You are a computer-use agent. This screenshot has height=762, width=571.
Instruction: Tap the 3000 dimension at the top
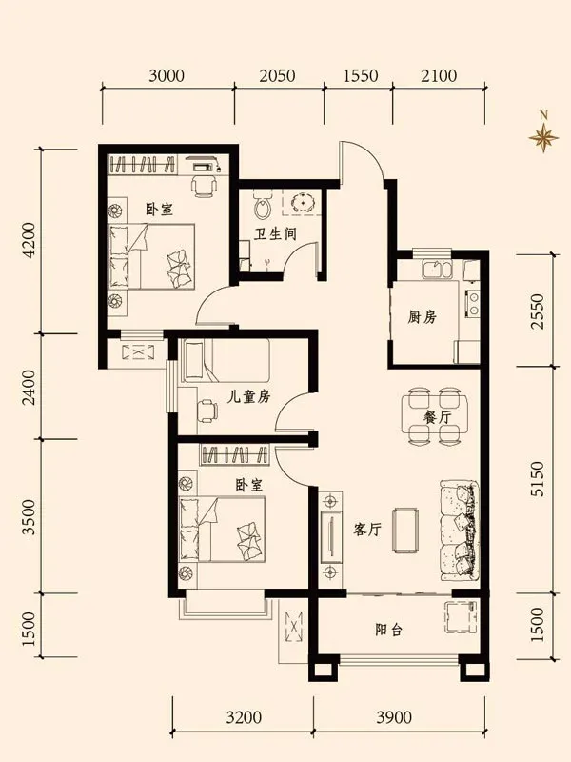pos(167,76)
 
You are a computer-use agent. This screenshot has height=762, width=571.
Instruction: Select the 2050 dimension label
pos(277,76)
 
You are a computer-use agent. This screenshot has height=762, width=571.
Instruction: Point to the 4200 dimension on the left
pos(30,240)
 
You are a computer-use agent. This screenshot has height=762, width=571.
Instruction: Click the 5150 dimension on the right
pos(538,479)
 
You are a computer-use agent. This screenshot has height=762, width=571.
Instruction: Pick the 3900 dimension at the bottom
pos(394,717)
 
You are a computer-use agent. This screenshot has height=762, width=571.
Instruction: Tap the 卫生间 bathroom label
pos(275,233)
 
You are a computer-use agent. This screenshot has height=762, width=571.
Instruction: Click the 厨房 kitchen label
pos(422,317)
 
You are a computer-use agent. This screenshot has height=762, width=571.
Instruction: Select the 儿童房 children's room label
pos(249,396)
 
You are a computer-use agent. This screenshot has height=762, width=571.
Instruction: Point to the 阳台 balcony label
pos(389,631)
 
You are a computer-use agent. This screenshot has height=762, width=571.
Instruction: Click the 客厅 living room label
pos(367,530)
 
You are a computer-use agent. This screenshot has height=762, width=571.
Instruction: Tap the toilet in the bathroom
pos(263,205)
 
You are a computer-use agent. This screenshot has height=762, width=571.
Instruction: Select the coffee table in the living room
pos(406,531)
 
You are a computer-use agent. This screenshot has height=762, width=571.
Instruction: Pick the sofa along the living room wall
pos(460,531)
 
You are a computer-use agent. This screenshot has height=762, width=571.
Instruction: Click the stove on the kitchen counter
pos(472,303)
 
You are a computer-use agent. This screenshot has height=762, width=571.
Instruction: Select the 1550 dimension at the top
pos(361,76)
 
